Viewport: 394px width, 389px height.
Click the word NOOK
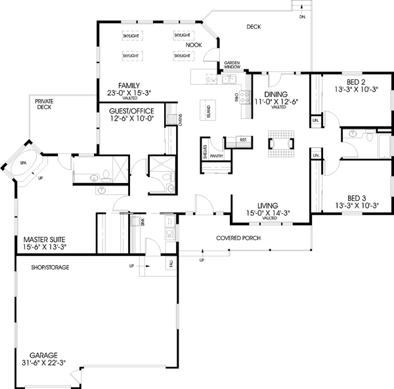193,45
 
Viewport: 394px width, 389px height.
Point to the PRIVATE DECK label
44,104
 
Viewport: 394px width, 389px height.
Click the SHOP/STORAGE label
50,268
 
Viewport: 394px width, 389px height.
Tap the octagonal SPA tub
24,162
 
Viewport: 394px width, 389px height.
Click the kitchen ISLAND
211,108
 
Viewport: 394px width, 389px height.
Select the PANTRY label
216,157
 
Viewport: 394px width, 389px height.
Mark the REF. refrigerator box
242,140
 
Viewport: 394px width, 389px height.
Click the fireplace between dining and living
280,143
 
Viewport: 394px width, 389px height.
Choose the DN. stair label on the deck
301,18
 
